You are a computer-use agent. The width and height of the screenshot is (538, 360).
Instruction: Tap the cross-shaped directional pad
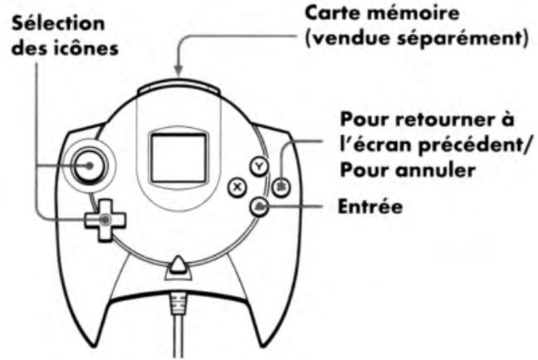tap(105, 219)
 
